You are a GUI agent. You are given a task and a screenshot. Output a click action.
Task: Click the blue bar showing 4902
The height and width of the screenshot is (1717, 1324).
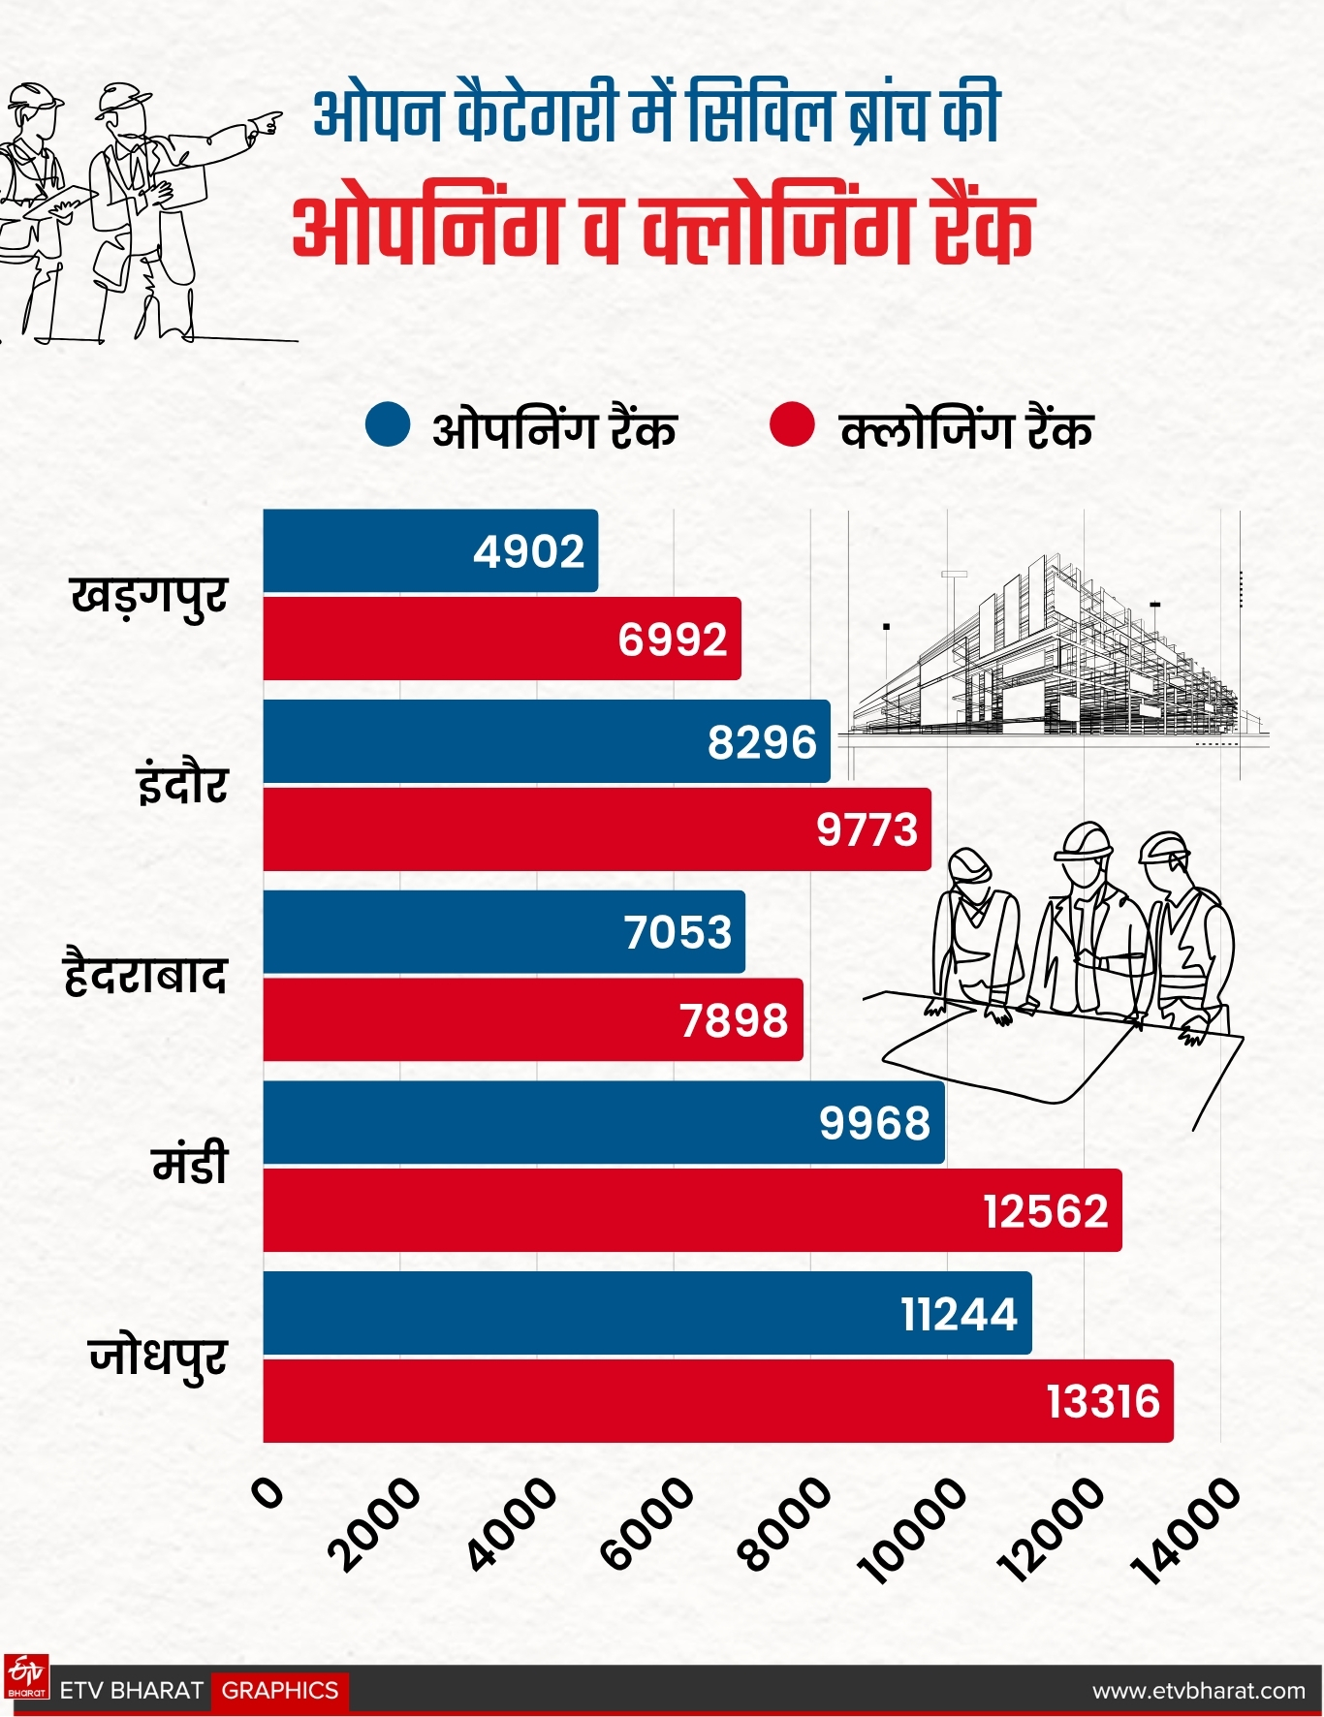(430, 550)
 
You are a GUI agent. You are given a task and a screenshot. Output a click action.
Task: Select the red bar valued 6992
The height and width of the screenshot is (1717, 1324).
(502, 639)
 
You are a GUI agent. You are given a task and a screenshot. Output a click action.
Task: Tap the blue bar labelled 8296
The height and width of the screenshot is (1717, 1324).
(547, 741)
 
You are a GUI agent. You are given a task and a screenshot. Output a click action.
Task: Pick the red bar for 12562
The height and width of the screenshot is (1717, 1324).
(692, 1210)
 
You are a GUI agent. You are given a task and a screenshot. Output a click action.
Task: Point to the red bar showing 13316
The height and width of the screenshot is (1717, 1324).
(718, 1401)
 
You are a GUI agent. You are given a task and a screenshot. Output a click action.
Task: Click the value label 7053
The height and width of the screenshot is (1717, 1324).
(678, 932)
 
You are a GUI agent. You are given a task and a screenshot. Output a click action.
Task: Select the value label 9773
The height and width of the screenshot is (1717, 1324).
(867, 829)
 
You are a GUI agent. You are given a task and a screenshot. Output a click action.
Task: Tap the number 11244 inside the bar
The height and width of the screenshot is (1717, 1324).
(959, 1314)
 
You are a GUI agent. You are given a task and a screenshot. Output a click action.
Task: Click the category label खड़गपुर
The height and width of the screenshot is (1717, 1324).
(149, 596)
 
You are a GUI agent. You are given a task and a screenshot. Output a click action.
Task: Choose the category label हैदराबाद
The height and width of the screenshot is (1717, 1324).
(145, 975)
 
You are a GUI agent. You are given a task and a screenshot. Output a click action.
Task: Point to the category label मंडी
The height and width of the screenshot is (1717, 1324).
(190, 1164)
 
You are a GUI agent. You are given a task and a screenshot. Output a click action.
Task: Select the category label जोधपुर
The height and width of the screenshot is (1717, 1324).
(158, 1357)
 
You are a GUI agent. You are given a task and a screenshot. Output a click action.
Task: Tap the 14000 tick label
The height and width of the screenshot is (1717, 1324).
(1191, 1531)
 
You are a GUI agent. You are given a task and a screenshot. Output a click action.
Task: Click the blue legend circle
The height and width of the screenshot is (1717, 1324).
(387, 425)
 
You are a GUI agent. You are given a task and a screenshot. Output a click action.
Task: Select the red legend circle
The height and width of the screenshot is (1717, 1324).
(791, 425)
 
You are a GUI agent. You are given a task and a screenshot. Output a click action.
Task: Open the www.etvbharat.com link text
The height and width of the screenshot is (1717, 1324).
(1198, 1691)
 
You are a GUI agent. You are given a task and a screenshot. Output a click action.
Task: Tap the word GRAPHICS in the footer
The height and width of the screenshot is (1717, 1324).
(280, 1691)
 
